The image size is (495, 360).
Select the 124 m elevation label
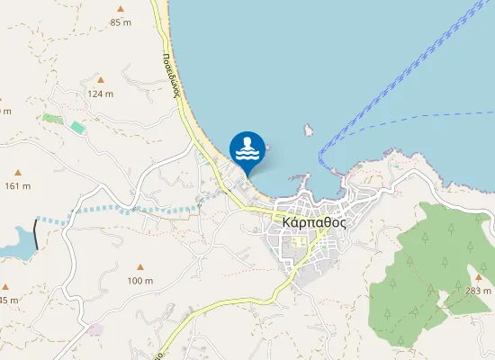tap(100, 94)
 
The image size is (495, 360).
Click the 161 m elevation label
tap(18, 186)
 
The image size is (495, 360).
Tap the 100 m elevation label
tap(139, 281)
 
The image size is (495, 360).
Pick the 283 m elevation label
tap(480, 291)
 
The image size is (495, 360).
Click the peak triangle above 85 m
tap(119, 8)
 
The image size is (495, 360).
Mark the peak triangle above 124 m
tap(100, 80)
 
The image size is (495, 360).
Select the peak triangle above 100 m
tap(139, 267)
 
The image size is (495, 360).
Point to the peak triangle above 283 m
tap(479, 277)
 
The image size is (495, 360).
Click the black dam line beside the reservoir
tap(37, 233)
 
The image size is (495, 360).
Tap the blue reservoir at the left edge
tap(13, 240)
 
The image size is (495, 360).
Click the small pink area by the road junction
tap(94, 329)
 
